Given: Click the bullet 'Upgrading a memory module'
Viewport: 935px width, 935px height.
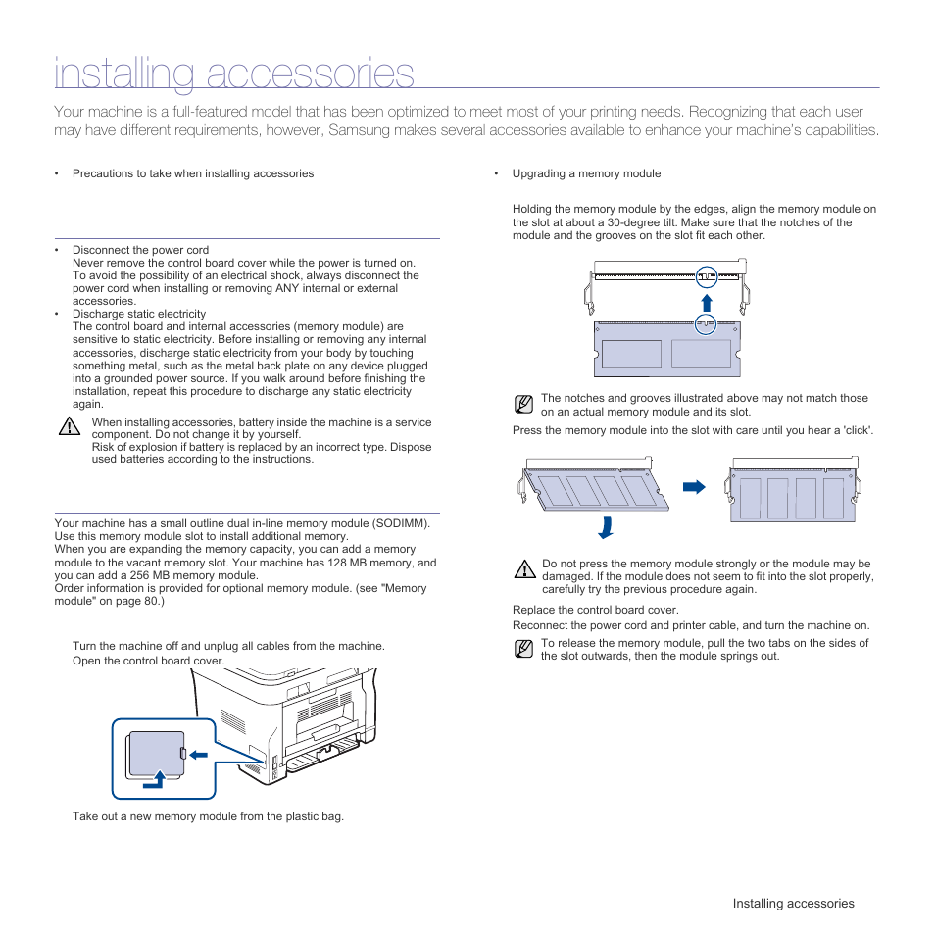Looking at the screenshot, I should click(x=586, y=173).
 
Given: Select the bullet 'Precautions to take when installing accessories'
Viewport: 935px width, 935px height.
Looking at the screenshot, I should click(x=193, y=173).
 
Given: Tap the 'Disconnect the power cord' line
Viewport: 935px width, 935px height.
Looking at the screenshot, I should click(x=140, y=250).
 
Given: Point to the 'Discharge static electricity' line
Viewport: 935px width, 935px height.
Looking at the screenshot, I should click(x=139, y=314).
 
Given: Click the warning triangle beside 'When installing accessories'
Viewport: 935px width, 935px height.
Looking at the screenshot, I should click(x=68, y=426).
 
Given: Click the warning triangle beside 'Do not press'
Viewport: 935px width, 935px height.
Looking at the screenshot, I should click(x=524, y=568).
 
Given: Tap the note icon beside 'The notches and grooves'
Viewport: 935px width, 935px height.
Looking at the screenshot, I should click(x=524, y=404).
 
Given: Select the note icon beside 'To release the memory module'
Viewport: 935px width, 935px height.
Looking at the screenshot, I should click(x=524, y=649).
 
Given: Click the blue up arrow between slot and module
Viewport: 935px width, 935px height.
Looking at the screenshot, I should click(x=706, y=301).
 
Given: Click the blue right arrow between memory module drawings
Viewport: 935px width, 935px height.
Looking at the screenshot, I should click(x=694, y=486).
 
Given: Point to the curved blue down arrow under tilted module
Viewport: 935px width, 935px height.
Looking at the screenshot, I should click(x=608, y=526).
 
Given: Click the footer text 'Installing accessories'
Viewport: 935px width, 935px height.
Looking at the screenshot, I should click(x=793, y=904).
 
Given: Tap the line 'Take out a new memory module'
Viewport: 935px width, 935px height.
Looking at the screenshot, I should click(x=208, y=815).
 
